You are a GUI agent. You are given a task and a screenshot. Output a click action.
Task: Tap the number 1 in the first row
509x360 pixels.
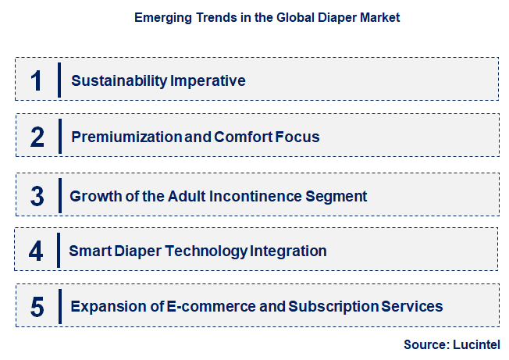click(37, 80)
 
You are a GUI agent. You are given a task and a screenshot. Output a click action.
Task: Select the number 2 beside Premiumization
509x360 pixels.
click(37, 137)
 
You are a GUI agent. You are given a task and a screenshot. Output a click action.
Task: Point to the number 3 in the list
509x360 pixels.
click(37, 196)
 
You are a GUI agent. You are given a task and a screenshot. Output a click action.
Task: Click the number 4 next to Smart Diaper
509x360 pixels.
click(37, 251)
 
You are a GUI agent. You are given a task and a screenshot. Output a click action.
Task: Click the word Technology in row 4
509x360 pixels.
click(211, 251)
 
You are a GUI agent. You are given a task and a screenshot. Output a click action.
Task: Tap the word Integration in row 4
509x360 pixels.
click(288, 251)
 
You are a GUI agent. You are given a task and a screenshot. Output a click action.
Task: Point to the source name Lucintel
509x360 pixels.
click(475, 344)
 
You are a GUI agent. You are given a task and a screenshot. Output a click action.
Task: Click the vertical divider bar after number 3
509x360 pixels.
click(59, 195)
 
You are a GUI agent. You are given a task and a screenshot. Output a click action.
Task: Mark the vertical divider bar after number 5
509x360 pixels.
click(59, 306)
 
